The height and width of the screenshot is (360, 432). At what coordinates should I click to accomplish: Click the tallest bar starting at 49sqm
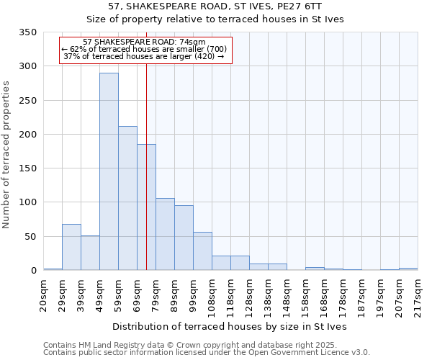109,171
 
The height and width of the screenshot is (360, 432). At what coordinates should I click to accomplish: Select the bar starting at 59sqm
127,198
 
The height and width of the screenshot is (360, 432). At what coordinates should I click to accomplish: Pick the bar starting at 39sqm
90,253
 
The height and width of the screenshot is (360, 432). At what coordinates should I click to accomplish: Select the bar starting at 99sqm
202,251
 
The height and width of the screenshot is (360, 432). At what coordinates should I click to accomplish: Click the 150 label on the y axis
27,168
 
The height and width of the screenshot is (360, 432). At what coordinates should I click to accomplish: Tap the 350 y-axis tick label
27,32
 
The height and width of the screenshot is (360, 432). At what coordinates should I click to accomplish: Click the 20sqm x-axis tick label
43,294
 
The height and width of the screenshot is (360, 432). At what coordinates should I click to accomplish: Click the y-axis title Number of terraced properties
7,154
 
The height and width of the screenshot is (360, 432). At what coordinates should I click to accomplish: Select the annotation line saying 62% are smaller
144,49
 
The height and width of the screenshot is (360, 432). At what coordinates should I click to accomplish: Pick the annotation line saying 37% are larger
144,56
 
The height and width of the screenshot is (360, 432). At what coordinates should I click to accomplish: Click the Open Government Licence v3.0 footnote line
207,353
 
